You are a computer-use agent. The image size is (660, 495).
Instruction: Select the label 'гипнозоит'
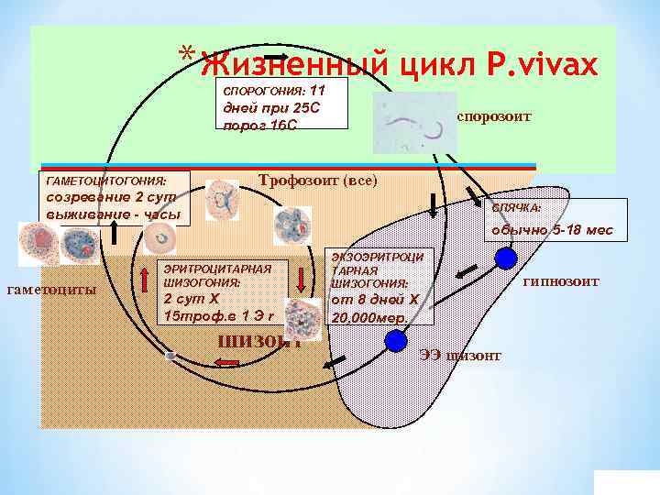(x=560, y=281)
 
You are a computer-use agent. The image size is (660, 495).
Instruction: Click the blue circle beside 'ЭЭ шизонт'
(x=395, y=341)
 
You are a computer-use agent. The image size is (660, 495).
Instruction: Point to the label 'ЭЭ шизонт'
(x=460, y=356)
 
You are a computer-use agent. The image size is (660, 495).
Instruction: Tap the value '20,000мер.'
(x=366, y=317)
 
